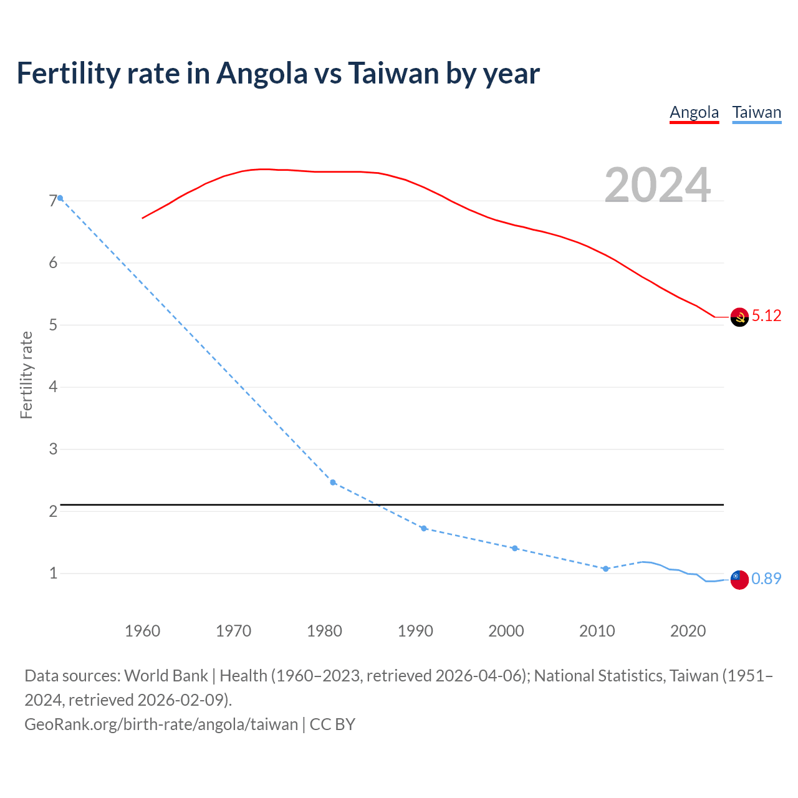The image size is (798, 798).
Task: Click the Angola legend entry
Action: [x=694, y=113]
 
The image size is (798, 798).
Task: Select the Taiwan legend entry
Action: [x=756, y=113]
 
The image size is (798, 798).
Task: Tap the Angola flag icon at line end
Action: [x=739, y=317]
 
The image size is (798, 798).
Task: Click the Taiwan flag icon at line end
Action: [x=739, y=579]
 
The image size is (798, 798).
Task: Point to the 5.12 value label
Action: [x=766, y=316]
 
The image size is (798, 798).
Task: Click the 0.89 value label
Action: [x=766, y=579]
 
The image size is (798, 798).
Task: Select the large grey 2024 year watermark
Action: [x=658, y=185]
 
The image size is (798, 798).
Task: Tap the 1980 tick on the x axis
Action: [x=324, y=631]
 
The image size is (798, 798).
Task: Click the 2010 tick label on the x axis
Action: [x=597, y=631]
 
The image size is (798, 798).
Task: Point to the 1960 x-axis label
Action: [x=142, y=631]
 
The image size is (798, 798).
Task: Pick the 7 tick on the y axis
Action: [x=53, y=201]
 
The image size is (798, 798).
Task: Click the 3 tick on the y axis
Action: [x=53, y=449]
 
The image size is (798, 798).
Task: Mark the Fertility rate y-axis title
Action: [x=26, y=375]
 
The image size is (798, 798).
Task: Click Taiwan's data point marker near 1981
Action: [x=333, y=483]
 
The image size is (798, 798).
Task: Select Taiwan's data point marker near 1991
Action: [x=424, y=529]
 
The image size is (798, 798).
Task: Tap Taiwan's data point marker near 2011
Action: [x=605, y=569]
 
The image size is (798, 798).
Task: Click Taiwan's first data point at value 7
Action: [x=60, y=198]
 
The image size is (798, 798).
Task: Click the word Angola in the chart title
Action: [x=262, y=74]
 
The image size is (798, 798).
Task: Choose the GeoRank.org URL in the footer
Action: [x=161, y=724]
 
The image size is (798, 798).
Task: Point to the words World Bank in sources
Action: [x=166, y=676]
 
